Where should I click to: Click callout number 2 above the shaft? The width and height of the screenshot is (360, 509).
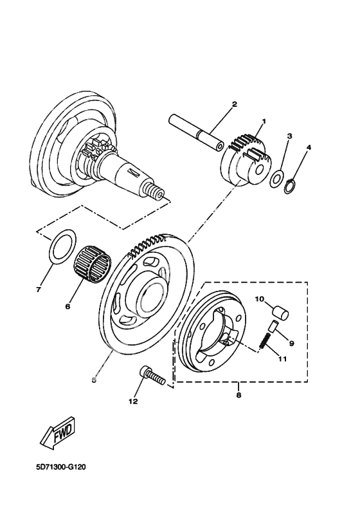pyautogui.click(x=234, y=104)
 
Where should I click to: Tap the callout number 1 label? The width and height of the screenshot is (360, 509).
pyautogui.click(x=264, y=121)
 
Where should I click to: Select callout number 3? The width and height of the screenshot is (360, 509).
pyautogui.click(x=289, y=136)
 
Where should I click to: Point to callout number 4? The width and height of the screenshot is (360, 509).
pyautogui.click(x=309, y=147)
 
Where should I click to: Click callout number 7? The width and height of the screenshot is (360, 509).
pyautogui.click(x=39, y=290)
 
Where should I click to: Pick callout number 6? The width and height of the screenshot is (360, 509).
pyautogui.click(x=67, y=306)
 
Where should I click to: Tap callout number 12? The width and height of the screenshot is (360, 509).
pyautogui.click(x=133, y=402)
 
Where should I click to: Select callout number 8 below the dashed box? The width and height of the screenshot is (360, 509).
pyautogui.click(x=239, y=395)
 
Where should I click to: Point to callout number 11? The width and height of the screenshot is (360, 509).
pyautogui.click(x=282, y=359)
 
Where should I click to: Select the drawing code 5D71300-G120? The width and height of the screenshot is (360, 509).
pyautogui.click(x=61, y=467)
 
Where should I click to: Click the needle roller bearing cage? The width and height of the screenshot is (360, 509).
pyautogui.click(x=93, y=268)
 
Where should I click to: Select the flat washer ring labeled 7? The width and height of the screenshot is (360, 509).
pyautogui.click(x=62, y=247)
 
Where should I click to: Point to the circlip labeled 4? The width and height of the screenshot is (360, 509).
pyautogui.click(x=290, y=187)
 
